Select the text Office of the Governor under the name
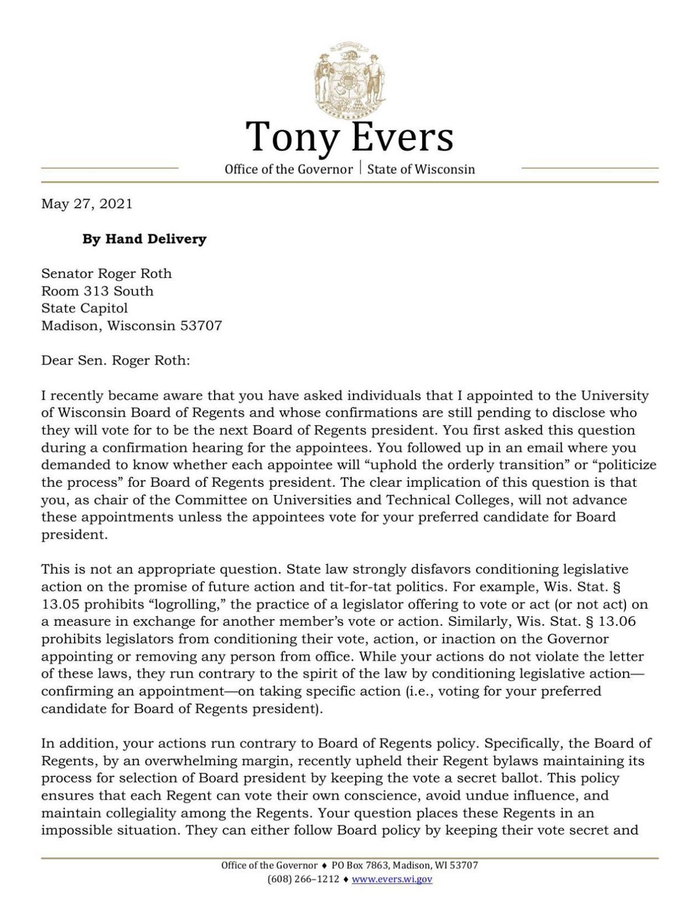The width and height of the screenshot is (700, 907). [289, 169]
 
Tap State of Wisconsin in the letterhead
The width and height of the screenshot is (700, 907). [421, 169]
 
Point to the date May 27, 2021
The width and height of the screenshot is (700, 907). [86, 204]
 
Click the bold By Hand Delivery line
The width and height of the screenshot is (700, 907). [144, 239]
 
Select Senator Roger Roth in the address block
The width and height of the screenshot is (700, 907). [106, 273]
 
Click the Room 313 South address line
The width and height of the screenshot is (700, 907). [97, 291]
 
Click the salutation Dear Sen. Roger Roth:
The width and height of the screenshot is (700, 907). [116, 360]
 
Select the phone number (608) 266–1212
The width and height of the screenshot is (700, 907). [303, 879]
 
